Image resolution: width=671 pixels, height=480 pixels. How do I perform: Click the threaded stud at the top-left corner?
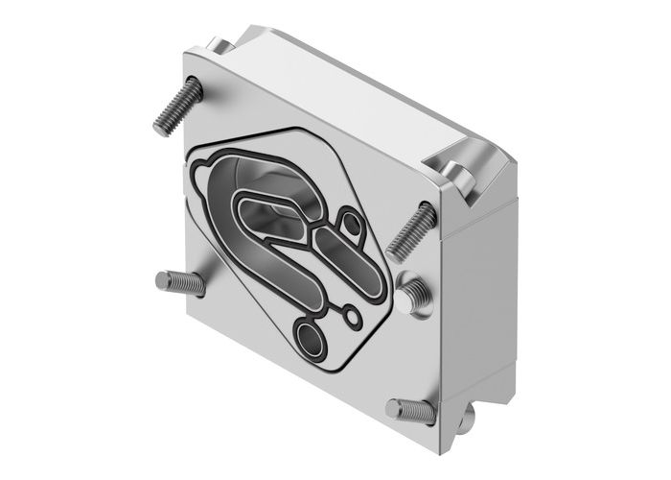[x=177, y=106]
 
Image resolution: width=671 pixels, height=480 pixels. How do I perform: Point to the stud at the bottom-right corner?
[x=410, y=411]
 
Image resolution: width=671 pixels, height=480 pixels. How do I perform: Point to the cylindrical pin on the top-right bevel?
[x=460, y=176]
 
